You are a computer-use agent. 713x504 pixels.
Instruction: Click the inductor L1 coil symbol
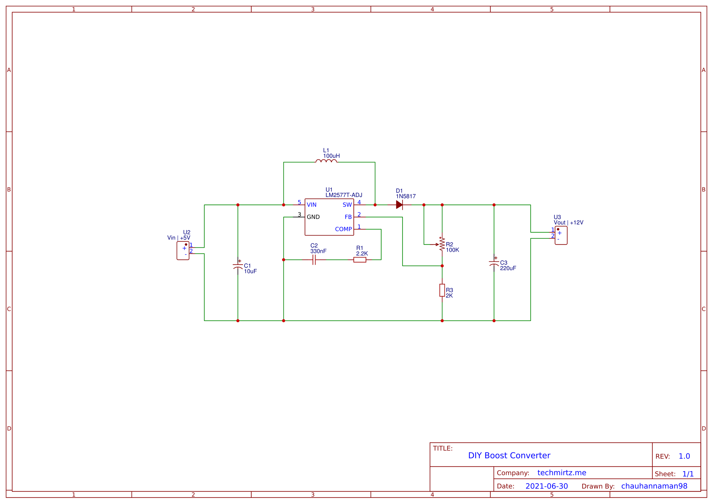coord(326,161)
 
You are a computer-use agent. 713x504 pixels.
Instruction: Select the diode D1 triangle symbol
coord(399,205)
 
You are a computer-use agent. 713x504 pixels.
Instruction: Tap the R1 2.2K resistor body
coord(359,260)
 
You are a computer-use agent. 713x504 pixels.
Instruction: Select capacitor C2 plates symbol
coord(314,260)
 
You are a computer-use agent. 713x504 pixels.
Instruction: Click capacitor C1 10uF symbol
coord(238,266)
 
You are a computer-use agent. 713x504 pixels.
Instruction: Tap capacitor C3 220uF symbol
coord(494,263)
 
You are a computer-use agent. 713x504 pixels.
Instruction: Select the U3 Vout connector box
coord(561,235)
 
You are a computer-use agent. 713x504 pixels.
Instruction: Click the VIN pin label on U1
coord(311,205)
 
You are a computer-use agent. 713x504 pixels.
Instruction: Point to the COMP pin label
coord(343,229)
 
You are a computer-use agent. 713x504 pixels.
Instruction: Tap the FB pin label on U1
coord(348,217)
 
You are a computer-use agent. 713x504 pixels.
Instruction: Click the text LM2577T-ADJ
coord(344,195)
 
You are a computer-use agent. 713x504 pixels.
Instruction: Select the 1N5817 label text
coord(406,196)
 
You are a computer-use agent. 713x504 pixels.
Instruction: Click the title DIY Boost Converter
coord(509,456)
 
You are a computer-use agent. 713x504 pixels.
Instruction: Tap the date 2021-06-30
coord(547,486)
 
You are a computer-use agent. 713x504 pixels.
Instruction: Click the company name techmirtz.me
coord(562,473)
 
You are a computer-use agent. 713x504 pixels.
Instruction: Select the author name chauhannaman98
coord(654,486)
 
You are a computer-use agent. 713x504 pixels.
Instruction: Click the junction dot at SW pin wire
coord(375,205)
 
